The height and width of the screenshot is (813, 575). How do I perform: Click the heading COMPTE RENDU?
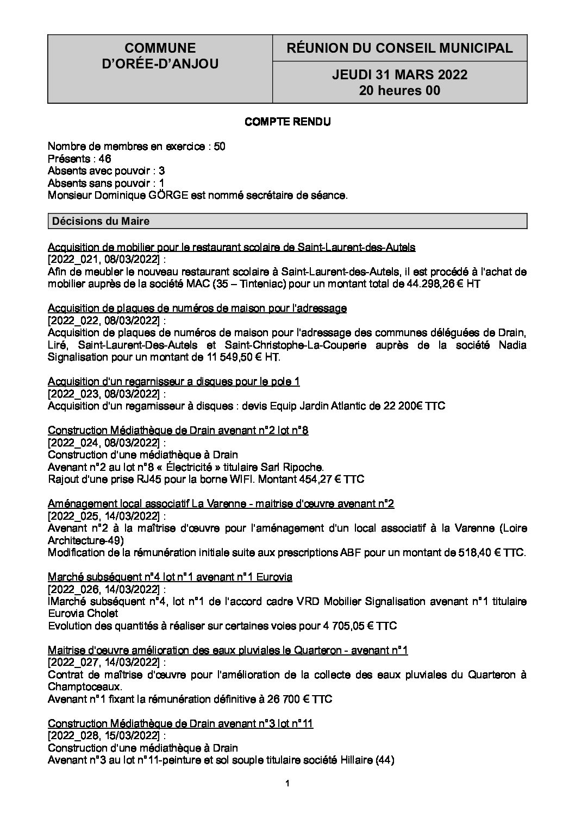click(287, 122)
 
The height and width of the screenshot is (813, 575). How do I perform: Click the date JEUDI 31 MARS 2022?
click(399, 75)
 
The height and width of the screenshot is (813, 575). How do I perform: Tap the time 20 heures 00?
click(399, 91)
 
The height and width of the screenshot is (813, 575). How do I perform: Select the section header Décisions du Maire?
click(99, 221)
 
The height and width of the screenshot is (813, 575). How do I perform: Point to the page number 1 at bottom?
click(287, 783)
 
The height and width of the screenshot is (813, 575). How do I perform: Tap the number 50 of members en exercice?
click(220, 146)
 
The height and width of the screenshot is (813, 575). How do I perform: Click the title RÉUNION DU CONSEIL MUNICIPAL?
click(399, 48)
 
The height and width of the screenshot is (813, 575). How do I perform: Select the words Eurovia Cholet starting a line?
click(83, 613)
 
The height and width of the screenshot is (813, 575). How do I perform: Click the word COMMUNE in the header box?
click(160, 48)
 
